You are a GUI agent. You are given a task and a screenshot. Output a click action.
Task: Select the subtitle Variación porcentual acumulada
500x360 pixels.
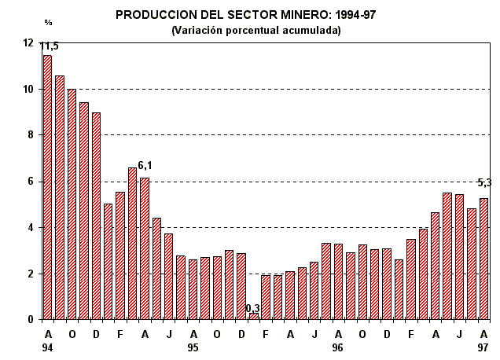click(x=256, y=30)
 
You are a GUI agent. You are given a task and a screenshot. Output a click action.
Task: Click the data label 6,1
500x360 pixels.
click(x=145, y=165)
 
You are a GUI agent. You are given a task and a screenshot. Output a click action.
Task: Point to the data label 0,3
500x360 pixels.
click(x=253, y=308)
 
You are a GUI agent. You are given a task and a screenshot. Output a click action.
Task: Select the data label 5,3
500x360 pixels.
click(x=484, y=183)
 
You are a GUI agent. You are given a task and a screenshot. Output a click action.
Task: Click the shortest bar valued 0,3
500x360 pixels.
click(x=253, y=316)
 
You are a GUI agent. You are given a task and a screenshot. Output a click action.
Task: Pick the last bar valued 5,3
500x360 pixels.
click(x=484, y=259)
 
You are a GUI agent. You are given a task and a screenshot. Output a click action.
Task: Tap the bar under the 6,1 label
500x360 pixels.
click(x=145, y=248)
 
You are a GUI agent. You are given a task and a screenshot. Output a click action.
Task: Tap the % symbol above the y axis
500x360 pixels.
click(x=48, y=22)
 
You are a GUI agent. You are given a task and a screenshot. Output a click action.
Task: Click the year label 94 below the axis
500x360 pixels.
click(x=48, y=346)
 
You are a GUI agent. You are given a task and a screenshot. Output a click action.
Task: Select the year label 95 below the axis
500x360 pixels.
click(x=193, y=346)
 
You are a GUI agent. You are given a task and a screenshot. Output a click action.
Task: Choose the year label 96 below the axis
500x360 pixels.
click(x=338, y=346)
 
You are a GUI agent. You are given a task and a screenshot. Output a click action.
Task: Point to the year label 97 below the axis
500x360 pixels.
click(x=483, y=346)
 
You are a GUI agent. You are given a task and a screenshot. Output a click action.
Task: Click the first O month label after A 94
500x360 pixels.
click(x=72, y=333)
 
